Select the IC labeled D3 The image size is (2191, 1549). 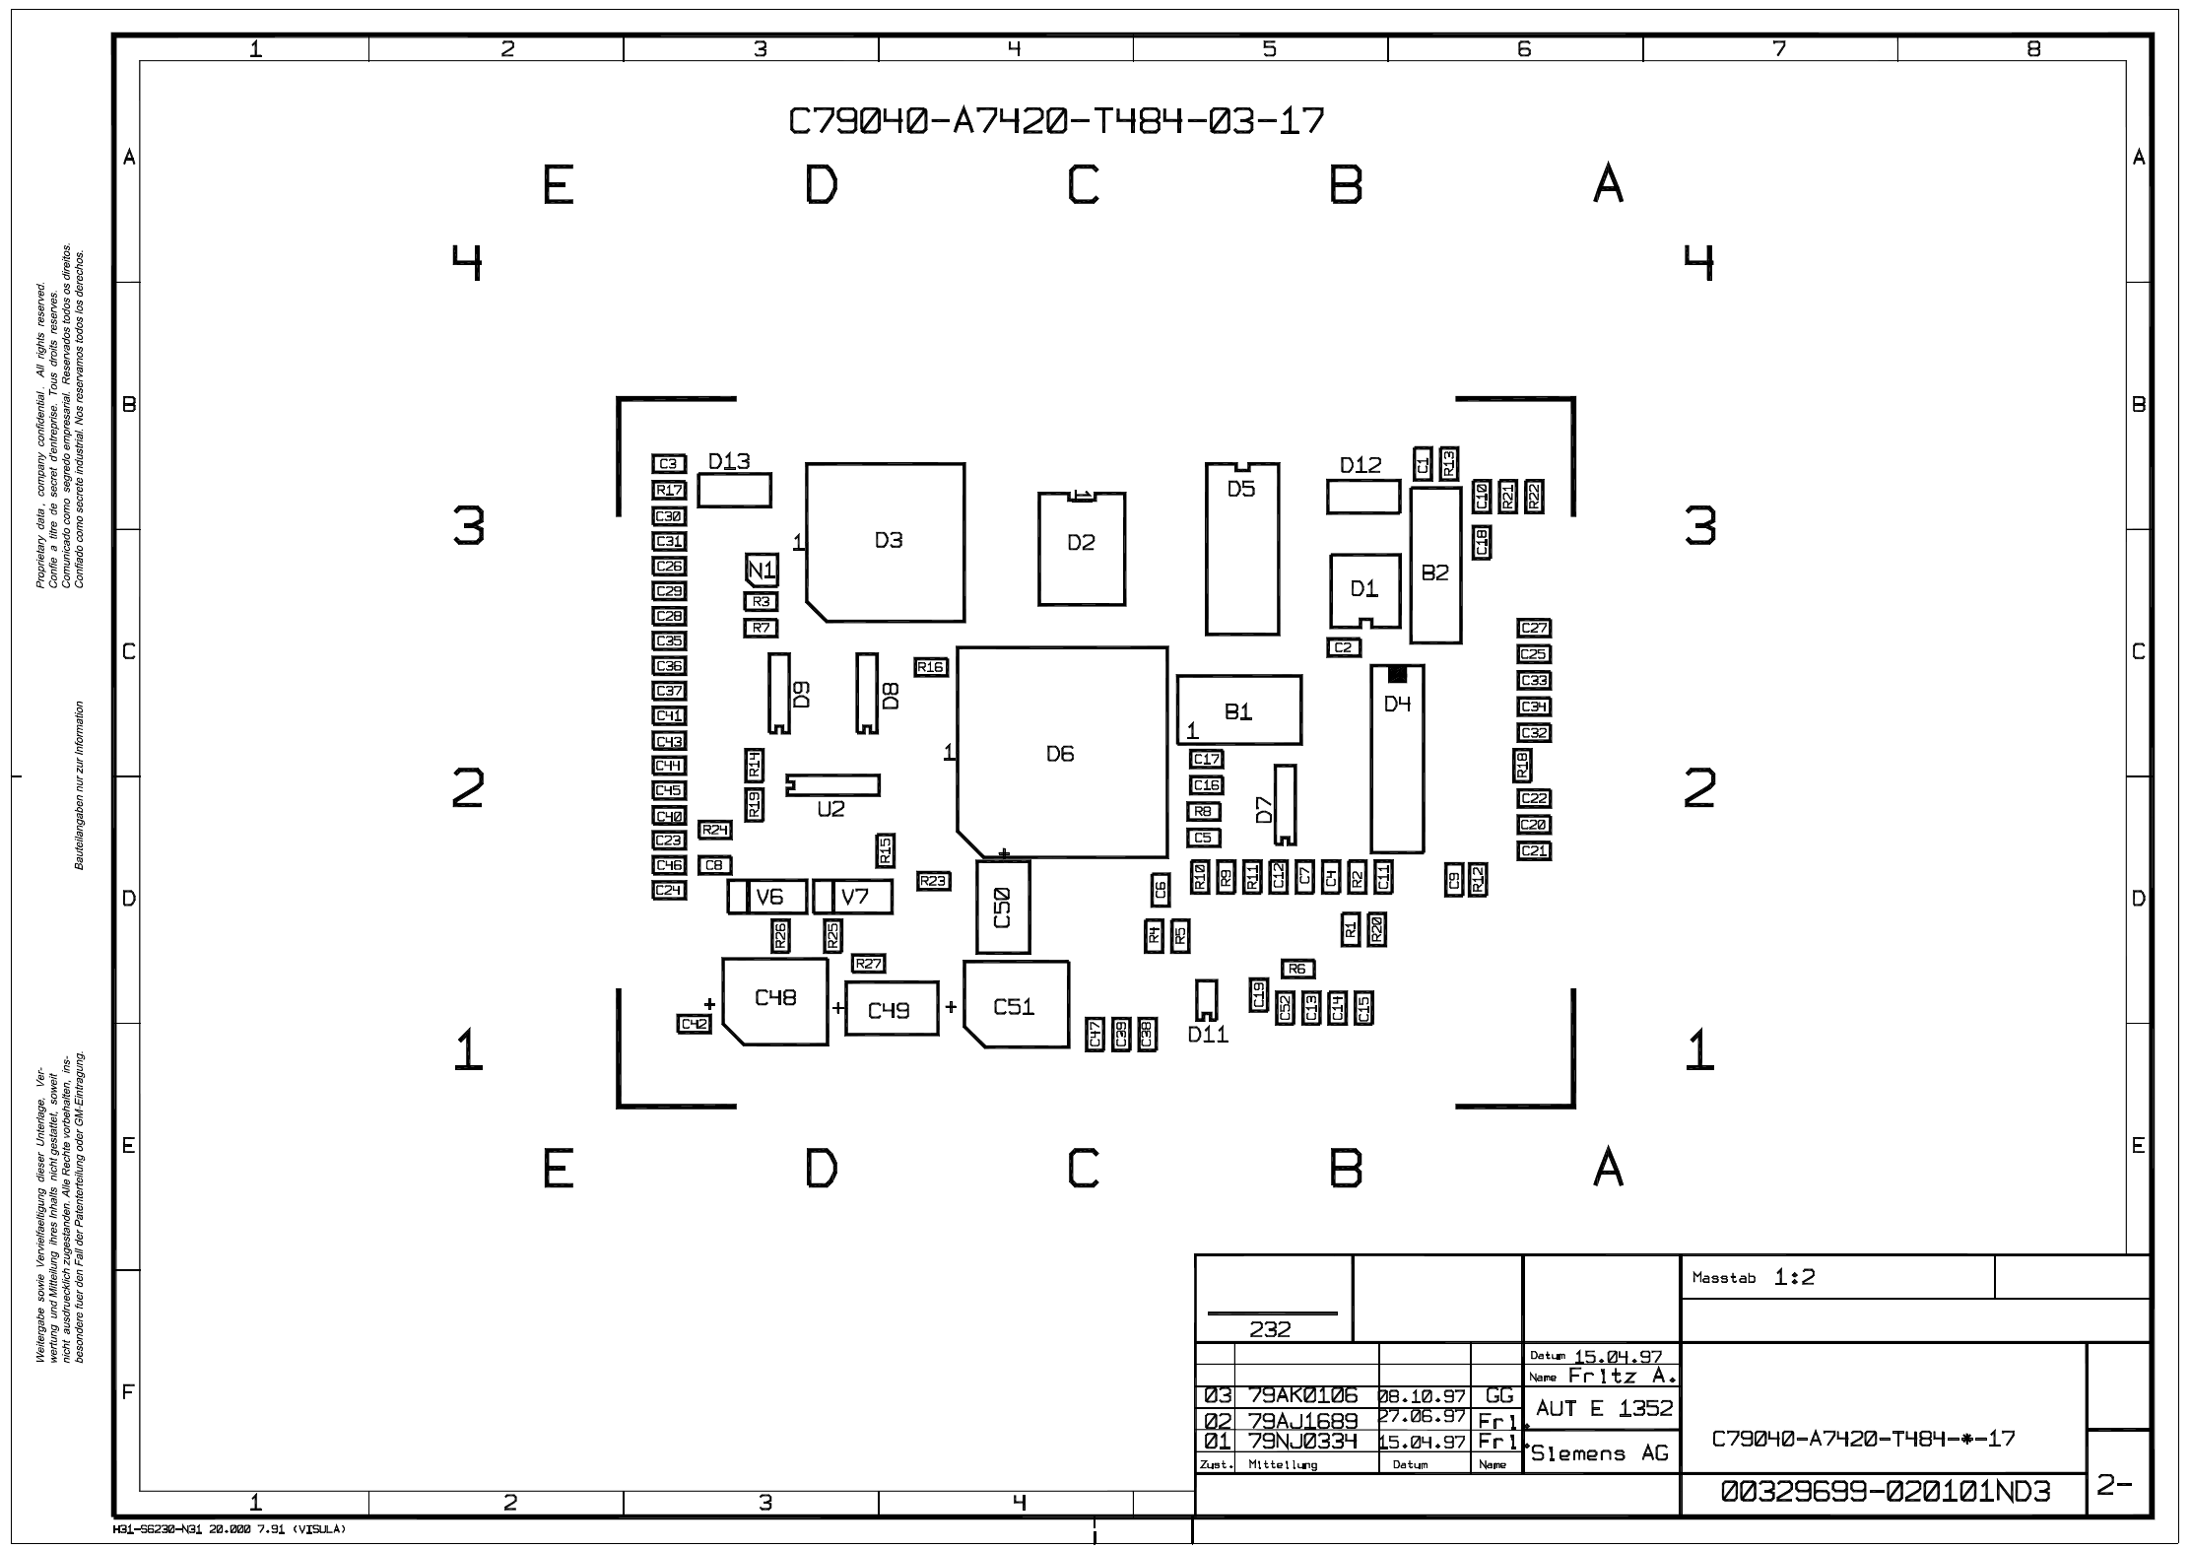click(x=886, y=541)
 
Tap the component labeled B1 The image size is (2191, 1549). click(x=1238, y=710)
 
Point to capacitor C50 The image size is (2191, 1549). click(x=1003, y=907)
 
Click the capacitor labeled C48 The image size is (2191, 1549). click(x=775, y=1000)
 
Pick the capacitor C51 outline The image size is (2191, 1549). click(x=1016, y=1005)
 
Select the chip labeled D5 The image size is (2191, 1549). click(x=1242, y=549)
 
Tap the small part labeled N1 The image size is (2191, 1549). click(x=762, y=570)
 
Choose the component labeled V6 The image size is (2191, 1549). click(x=768, y=897)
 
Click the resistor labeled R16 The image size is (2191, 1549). click(x=931, y=667)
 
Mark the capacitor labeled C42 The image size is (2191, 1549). click(x=695, y=1024)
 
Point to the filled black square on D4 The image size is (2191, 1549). click(x=1397, y=674)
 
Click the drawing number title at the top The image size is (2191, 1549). click(x=1056, y=121)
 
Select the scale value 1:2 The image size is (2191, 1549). click(x=1794, y=1277)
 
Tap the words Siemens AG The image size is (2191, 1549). click(x=1600, y=1453)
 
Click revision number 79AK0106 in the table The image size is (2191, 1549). click(x=1302, y=1395)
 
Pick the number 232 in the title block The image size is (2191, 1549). click(x=1270, y=1329)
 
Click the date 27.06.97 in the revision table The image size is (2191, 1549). click(x=1422, y=1417)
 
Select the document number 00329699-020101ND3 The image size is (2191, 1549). click(x=1886, y=1492)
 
